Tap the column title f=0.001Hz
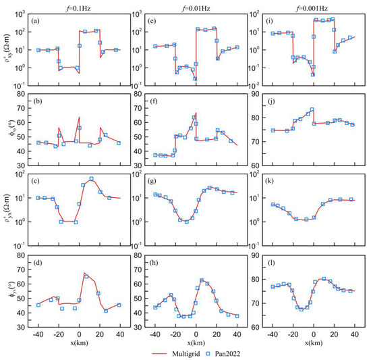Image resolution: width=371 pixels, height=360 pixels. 313,5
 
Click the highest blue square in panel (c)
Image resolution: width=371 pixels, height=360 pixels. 91,179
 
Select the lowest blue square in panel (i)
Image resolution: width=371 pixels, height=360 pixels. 313,74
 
